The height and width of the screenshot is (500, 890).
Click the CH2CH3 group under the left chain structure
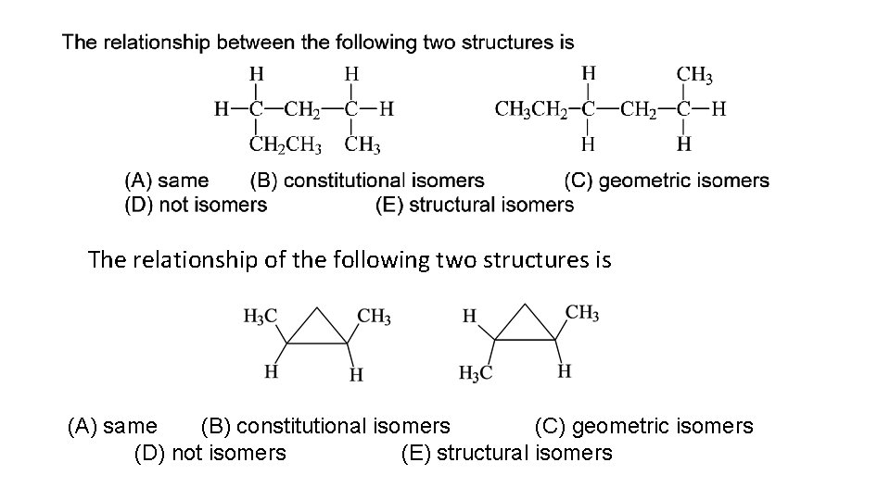(x=286, y=144)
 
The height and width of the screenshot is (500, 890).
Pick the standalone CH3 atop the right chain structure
(x=695, y=73)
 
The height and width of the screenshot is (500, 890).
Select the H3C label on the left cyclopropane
(x=260, y=318)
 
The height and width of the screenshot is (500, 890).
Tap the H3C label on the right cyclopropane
(x=476, y=373)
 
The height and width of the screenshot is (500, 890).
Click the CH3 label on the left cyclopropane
(x=374, y=318)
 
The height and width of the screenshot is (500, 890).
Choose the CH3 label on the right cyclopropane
(x=581, y=313)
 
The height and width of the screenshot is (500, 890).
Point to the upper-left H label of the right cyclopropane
(x=470, y=318)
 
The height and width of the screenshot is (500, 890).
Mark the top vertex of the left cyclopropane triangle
(x=316, y=304)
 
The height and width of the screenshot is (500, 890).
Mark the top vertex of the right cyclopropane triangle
(x=525, y=304)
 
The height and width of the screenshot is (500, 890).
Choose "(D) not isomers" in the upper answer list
(x=196, y=205)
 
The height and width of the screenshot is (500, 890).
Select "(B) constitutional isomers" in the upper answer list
(x=367, y=181)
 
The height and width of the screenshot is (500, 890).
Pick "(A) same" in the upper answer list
(x=167, y=181)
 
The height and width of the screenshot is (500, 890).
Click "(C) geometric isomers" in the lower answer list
(x=643, y=426)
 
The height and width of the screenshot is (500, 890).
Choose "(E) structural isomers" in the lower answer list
(x=506, y=453)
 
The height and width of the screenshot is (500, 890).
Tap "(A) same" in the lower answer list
(x=112, y=426)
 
